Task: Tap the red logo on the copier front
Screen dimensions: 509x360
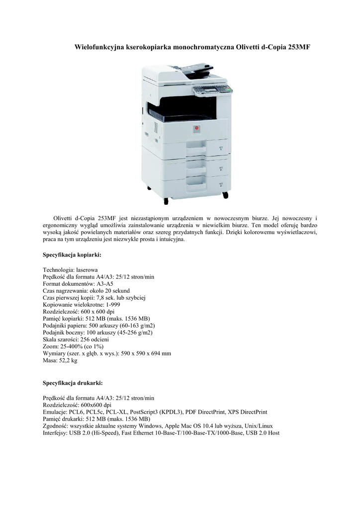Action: tap(197, 128)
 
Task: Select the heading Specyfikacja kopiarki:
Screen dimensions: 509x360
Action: tap(72, 255)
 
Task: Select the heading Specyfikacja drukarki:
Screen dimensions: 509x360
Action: tap(73, 383)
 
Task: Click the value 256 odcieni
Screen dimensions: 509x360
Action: tap(93, 340)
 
